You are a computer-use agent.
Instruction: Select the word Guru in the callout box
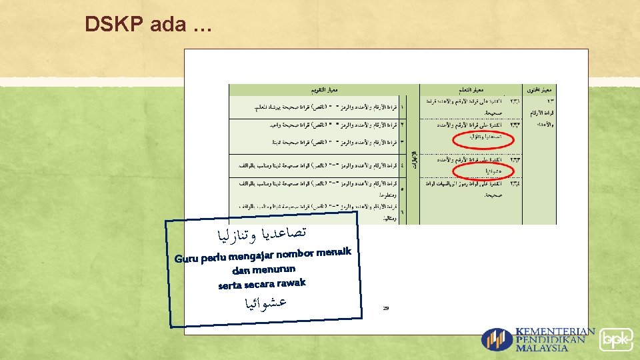(x=187, y=258)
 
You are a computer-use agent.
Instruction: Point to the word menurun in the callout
(x=273, y=269)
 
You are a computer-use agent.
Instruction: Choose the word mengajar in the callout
(x=250, y=255)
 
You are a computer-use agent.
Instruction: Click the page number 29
(x=386, y=308)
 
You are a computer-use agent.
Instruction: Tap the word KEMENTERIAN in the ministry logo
(x=555, y=331)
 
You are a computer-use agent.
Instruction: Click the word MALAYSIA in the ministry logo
(x=541, y=347)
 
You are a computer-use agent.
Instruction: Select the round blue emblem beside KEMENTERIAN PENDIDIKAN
(x=497, y=339)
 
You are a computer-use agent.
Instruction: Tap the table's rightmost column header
(x=541, y=89)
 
